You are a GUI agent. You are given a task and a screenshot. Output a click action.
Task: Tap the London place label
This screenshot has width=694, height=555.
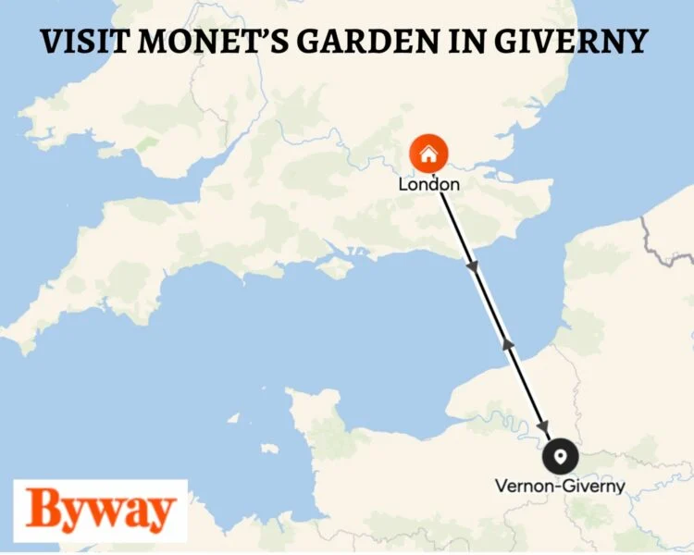click(428, 184)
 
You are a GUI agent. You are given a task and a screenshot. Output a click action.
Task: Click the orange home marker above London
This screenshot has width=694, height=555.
click(428, 154)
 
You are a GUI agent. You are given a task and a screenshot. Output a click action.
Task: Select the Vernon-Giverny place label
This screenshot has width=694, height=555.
click(560, 485)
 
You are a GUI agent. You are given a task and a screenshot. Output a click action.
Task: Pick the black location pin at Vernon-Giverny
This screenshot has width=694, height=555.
click(560, 455)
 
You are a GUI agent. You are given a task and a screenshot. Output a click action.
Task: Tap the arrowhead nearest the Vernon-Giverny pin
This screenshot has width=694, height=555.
click(542, 424)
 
